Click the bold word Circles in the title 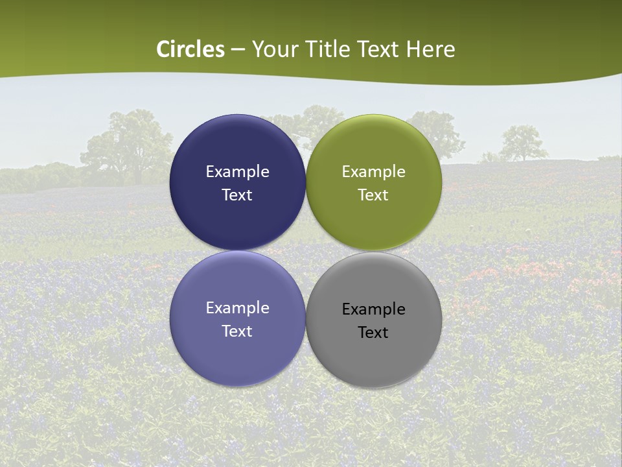click(x=190, y=49)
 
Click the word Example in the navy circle click(x=237, y=171)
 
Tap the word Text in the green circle click(x=373, y=195)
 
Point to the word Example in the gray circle click(x=374, y=309)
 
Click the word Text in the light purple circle click(x=237, y=331)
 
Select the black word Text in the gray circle click(x=373, y=332)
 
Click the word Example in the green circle click(x=374, y=171)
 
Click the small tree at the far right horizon click(x=522, y=143)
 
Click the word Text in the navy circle click(x=237, y=195)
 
